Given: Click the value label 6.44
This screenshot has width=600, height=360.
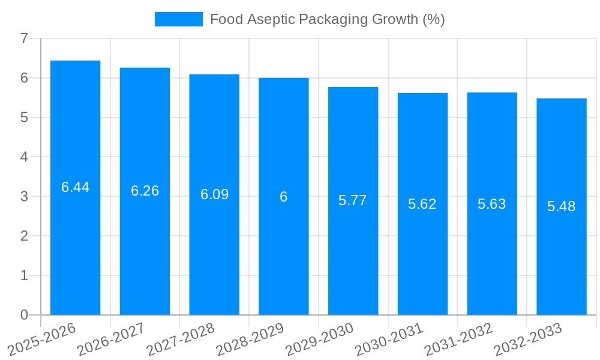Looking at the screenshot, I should (76, 187).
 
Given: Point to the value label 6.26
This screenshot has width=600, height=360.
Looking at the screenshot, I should (145, 191).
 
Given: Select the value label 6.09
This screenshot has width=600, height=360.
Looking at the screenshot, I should (214, 194).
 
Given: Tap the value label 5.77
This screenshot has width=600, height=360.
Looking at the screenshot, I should (353, 200).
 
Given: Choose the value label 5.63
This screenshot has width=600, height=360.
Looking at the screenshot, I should (492, 204).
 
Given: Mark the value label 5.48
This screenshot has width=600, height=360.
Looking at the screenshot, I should (562, 206).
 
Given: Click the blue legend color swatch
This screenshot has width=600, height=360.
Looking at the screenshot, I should (178, 19).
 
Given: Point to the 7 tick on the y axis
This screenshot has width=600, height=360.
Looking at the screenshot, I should (24, 38).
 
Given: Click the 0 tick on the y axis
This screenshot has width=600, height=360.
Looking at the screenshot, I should (24, 315).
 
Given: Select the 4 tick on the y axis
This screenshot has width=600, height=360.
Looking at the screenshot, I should (24, 157).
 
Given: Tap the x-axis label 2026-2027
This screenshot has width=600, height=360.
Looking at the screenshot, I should (112, 339).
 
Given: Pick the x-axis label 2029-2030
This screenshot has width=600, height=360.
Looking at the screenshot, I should (320, 339).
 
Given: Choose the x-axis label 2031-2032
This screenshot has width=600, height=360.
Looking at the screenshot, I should (459, 339).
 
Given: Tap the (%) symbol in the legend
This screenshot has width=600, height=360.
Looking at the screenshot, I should (433, 19).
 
